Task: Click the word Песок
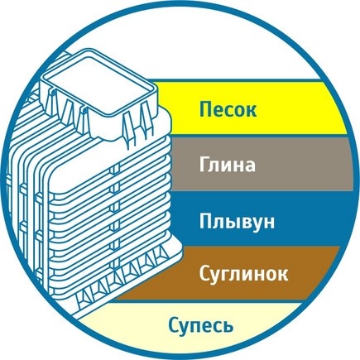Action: coord(228,109)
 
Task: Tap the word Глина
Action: coord(227,165)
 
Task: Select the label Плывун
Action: coord(237,222)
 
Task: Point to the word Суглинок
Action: coord(243,274)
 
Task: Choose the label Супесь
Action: coord(201,326)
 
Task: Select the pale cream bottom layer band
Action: coord(193,326)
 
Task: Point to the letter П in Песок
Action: coord(206,109)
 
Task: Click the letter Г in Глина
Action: coord(204,165)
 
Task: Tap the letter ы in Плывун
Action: coord(233,223)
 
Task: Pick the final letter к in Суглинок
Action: coord(282,275)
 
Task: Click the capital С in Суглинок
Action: coord(205,272)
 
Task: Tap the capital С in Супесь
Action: coord(175,325)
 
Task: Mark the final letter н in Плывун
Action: coord(269,223)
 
